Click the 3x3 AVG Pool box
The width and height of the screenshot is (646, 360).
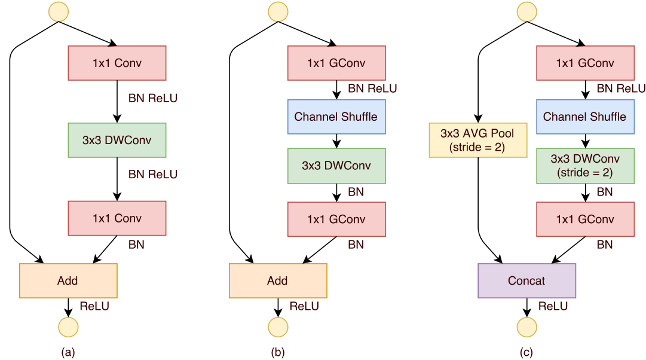(478, 140)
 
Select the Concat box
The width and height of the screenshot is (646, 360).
(526, 280)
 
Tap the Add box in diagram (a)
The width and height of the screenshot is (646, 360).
(68, 280)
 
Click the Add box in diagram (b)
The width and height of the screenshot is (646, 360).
(278, 280)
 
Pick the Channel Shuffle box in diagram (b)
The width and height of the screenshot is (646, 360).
(336, 117)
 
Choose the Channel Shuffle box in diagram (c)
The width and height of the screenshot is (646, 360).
(584, 117)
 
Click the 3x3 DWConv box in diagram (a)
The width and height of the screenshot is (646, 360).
(117, 140)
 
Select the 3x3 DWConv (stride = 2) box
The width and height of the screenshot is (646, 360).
(584, 166)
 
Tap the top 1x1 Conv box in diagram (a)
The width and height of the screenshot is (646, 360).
(117, 63)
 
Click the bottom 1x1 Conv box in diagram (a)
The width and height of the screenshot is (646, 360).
(117, 218)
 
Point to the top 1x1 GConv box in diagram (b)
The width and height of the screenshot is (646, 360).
(336, 63)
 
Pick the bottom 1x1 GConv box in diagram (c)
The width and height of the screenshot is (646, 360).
(584, 219)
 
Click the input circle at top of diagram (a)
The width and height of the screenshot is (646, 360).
(59, 11)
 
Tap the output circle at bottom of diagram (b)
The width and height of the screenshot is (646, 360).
(278, 327)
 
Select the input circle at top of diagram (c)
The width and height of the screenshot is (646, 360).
(526, 11)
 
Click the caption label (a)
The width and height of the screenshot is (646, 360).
(68, 352)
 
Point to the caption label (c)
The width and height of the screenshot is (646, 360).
(526, 352)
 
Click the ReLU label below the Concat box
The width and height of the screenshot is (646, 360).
(553, 307)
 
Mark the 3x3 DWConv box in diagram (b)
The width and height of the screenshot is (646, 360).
(336, 166)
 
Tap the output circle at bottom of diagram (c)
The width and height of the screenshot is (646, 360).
(526, 327)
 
